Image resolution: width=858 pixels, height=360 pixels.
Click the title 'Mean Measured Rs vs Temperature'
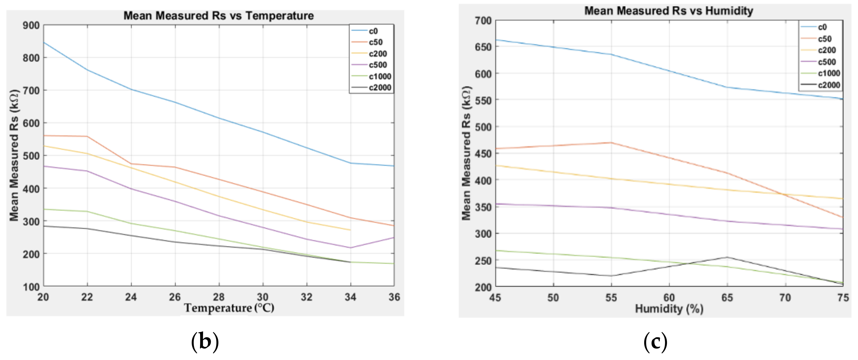(x=218, y=16)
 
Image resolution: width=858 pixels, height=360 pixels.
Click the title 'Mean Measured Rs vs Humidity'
(x=668, y=11)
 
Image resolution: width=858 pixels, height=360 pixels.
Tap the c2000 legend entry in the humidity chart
(x=829, y=85)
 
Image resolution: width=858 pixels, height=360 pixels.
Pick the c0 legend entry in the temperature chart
(x=373, y=31)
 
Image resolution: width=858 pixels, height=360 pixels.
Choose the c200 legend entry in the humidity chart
(x=827, y=50)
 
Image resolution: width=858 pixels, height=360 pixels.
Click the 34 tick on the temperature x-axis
(x=350, y=297)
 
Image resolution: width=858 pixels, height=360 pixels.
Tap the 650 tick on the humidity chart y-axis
(x=483, y=47)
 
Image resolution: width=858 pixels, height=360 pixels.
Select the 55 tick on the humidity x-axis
(x=611, y=298)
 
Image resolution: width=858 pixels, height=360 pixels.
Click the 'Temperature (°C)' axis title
(x=229, y=308)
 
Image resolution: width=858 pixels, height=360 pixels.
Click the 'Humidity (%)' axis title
(x=669, y=309)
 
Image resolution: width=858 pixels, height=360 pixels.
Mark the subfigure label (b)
(x=205, y=342)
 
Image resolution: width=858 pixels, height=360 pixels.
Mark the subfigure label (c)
(x=655, y=342)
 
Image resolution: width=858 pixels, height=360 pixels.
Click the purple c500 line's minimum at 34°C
(x=350, y=247)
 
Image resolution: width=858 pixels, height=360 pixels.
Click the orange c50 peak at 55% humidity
(x=611, y=143)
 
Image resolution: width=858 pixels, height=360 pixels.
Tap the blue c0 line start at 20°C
(x=44, y=42)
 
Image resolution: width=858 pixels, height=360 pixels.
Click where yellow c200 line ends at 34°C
(x=350, y=230)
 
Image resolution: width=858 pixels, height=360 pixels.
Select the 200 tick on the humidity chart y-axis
(x=483, y=287)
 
